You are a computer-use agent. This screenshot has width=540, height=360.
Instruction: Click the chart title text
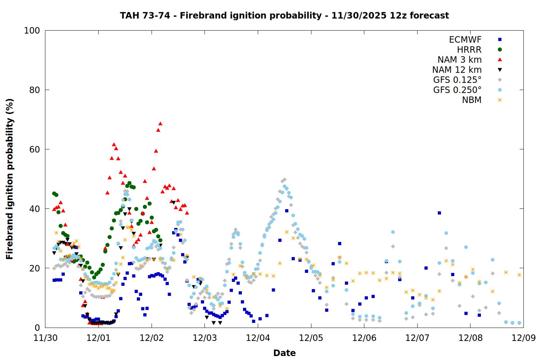pos(284,15)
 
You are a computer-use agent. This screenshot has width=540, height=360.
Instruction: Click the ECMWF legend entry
pos(465,40)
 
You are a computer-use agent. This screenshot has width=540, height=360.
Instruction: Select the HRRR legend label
pos(469,50)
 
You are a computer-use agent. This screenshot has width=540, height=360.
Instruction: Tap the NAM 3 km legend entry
pos(459,60)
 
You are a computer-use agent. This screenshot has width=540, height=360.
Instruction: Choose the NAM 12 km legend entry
pos(457,70)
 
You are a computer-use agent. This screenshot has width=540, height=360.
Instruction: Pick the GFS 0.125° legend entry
pos(457,80)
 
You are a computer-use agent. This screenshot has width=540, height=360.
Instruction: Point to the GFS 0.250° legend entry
pos(457,90)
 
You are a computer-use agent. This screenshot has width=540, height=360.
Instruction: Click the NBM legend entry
pos(472,100)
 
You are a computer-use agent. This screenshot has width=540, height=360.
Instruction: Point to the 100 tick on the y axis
pos(32,31)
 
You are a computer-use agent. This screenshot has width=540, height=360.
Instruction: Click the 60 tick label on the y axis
pos(35,149)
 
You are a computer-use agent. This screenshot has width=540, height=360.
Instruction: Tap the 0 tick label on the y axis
pos(37,328)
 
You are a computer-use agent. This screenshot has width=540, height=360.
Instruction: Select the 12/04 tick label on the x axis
pos(258,338)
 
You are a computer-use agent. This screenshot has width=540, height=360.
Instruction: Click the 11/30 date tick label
pos(45,338)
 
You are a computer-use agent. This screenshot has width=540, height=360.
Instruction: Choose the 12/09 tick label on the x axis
pos(523,338)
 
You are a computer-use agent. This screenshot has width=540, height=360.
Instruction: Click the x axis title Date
pos(284,353)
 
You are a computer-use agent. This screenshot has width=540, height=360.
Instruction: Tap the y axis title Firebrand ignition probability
pos(10,179)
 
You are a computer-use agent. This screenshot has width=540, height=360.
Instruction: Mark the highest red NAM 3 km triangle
pos(160,123)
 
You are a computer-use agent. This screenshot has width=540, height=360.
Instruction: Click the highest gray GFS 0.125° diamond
pos(284,179)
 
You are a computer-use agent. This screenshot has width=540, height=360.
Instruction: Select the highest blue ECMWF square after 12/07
pos(439,213)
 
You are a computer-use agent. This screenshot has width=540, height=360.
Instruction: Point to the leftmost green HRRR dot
pos(54,193)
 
